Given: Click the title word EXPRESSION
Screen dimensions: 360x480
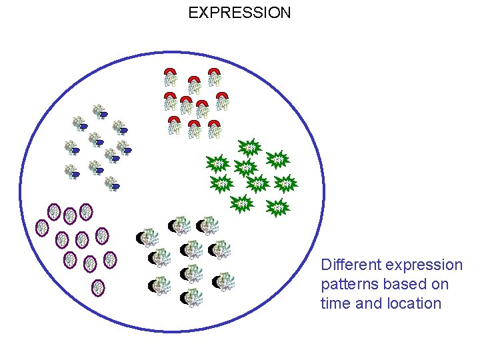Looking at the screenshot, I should [239, 13].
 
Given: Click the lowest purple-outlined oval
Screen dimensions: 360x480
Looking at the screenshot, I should [98, 288].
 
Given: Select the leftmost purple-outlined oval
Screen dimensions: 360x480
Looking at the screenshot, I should [41, 227].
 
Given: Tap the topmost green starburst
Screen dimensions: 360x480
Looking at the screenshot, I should [249, 147].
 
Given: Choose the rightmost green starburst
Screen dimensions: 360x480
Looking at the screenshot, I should [286, 182].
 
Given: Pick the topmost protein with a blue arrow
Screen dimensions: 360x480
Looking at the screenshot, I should [100, 111].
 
